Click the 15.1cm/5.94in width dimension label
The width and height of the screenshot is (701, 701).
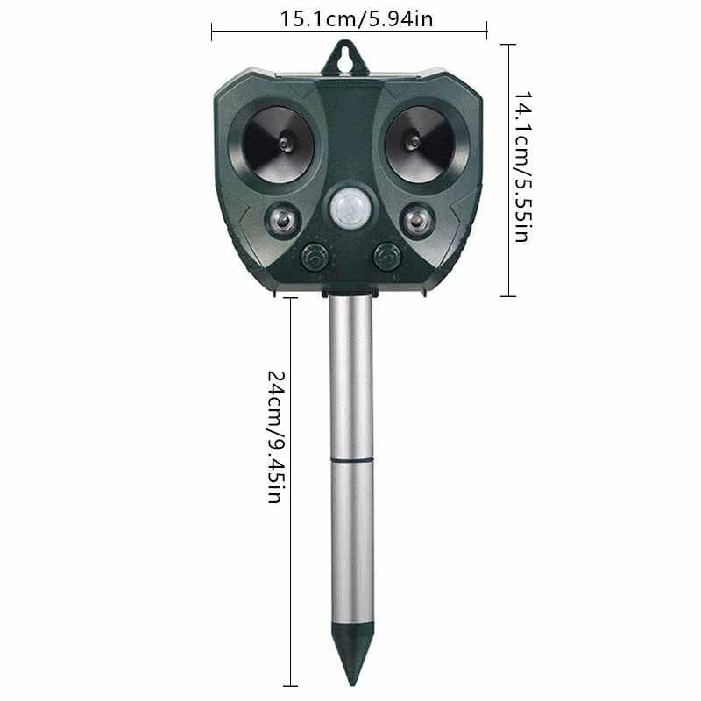coord(357,19)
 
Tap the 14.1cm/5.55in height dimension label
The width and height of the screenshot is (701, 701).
coord(522,167)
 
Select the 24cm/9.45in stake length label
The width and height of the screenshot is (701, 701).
coord(275,436)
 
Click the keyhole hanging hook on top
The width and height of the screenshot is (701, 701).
coord(345,58)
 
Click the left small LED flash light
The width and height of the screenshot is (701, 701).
coord(282,221)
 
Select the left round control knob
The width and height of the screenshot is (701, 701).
coord(315,257)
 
